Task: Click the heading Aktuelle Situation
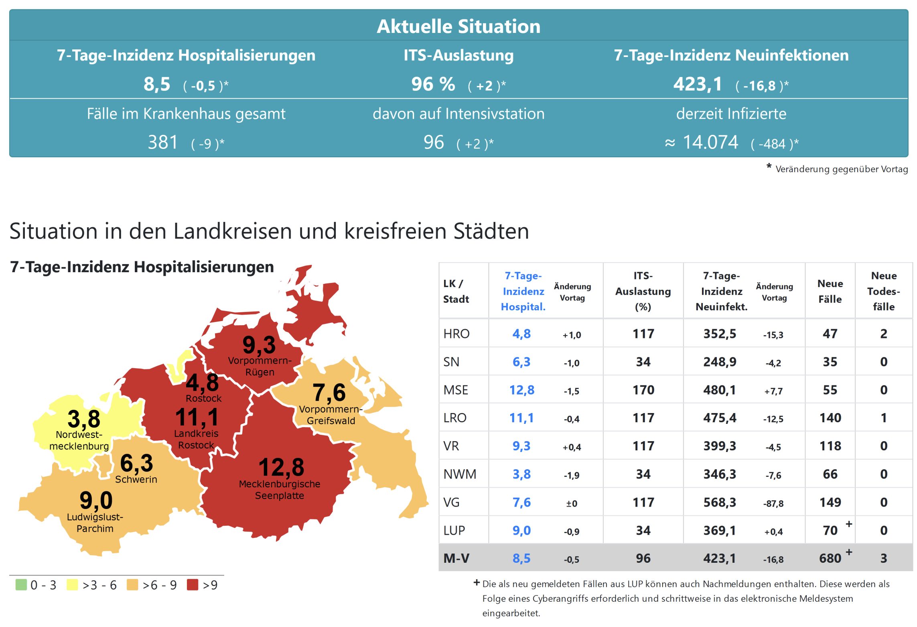458,26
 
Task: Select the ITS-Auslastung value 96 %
433,84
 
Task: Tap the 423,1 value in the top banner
698,84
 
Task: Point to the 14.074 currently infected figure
710,142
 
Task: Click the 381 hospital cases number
162,142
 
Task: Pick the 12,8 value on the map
281,467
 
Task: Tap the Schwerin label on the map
136,479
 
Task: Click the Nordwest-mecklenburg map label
79,440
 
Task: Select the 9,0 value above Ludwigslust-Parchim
96,501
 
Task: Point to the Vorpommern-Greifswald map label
331,415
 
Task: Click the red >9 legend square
193,584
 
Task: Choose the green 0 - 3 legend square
21,584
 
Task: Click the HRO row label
456,334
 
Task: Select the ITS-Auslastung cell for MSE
643,390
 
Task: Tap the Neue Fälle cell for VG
830,502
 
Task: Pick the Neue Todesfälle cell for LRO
883,418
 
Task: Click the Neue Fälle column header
830,291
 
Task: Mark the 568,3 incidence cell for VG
720,502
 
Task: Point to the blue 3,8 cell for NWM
521,474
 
